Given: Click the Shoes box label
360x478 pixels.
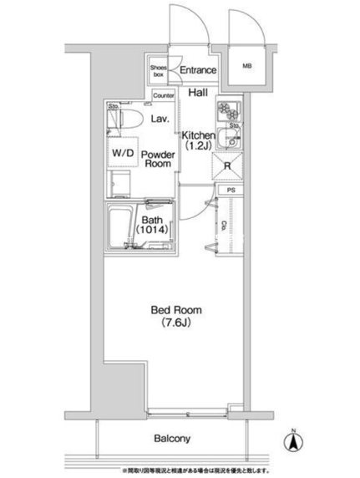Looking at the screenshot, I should (159, 72).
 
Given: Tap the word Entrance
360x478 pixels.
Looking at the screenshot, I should (198, 71).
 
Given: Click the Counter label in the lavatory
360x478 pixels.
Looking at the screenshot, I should (165, 96).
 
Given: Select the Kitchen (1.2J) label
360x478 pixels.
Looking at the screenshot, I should (200, 140).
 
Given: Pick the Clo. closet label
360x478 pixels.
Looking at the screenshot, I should (226, 226).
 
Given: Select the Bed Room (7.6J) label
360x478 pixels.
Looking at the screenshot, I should (175, 316).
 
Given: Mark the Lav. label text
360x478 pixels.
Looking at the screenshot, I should (160, 120).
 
